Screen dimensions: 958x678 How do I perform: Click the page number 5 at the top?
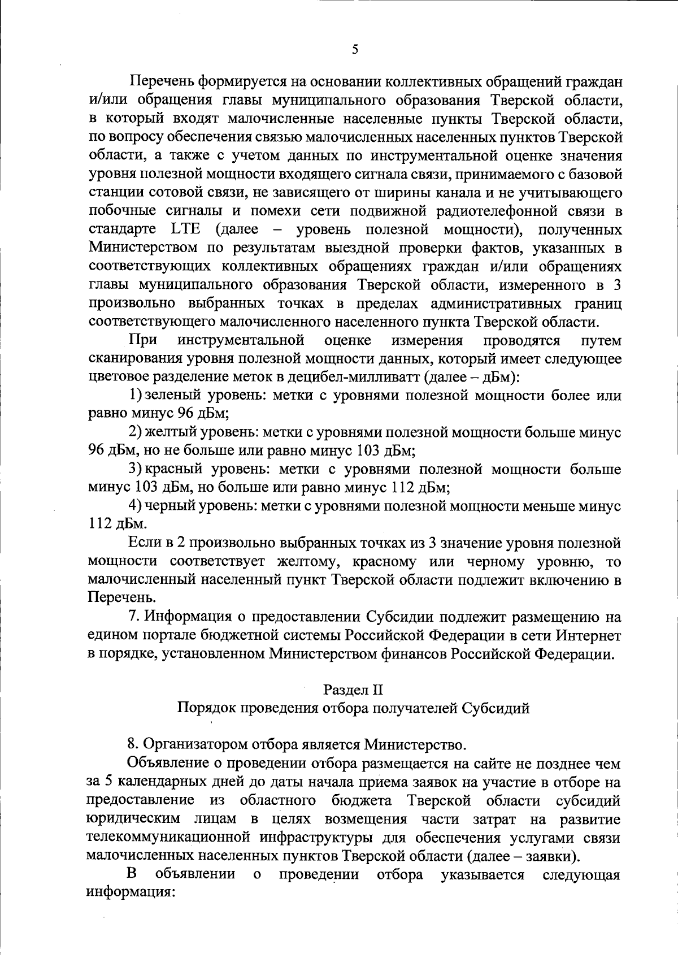pyautogui.click(x=354, y=49)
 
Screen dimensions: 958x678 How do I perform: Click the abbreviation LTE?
pyautogui.click(x=184, y=230)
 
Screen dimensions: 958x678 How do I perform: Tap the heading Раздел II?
pyautogui.click(x=353, y=690)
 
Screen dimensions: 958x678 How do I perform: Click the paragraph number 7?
pyautogui.click(x=133, y=617)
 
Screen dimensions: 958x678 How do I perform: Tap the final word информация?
pyautogui.click(x=129, y=893)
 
